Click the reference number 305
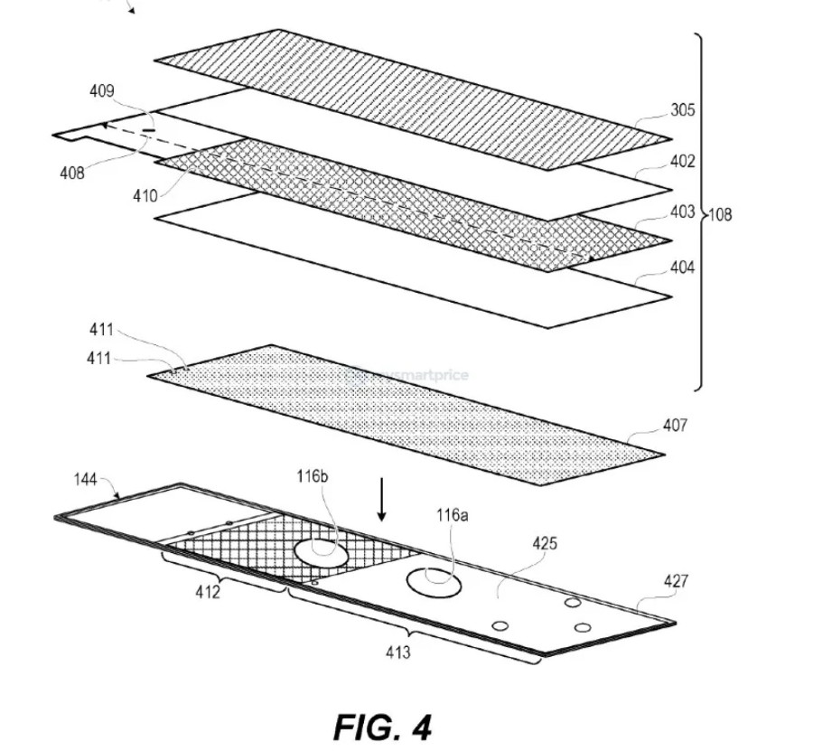(x=683, y=110)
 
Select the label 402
(x=683, y=162)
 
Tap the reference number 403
(x=683, y=213)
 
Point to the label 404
(x=683, y=268)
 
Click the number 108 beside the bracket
(x=720, y=215)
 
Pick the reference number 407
(x=675, y=425)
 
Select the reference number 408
(x=72, y=173)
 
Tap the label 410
(x=143, y=194)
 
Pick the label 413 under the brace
(x=397, y=652)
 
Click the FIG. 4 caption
(x=383, y=727)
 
